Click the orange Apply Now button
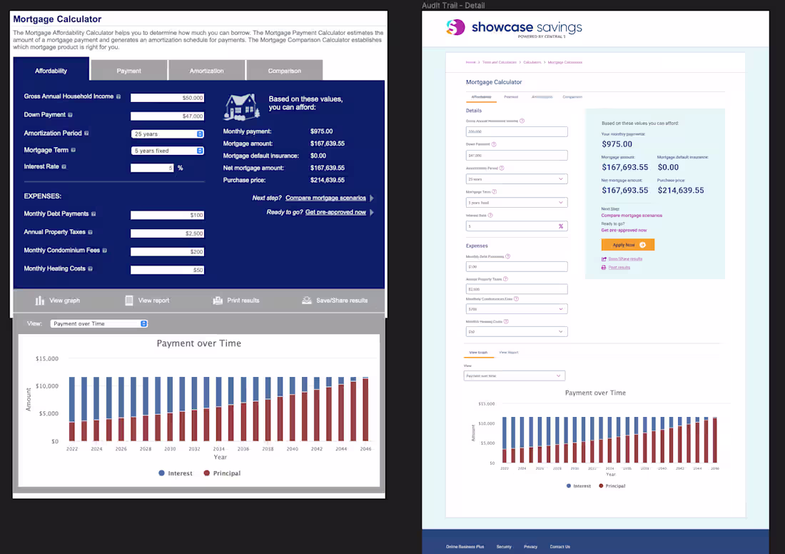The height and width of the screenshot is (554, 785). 628,245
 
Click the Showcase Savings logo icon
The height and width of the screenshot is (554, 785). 455,28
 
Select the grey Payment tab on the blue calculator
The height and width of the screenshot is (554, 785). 128,71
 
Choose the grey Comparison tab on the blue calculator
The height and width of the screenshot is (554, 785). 284,71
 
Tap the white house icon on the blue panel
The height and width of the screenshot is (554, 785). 242,106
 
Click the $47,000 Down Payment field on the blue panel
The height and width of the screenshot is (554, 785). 168,116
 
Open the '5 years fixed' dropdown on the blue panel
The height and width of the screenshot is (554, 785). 168,151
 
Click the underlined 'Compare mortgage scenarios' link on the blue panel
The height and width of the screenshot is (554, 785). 325,198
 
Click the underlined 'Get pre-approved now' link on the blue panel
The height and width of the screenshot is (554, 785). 335,212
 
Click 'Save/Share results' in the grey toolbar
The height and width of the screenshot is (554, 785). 341,301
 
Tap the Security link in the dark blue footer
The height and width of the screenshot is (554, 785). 504,547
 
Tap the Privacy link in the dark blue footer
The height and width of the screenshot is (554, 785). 531,547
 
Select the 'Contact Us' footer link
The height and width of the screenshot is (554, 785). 559,547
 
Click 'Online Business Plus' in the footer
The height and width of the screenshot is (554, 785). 465,547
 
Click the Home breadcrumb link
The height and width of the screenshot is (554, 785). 470,62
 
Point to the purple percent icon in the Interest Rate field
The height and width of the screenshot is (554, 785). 561,226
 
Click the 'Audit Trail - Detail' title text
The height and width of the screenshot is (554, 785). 453,6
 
